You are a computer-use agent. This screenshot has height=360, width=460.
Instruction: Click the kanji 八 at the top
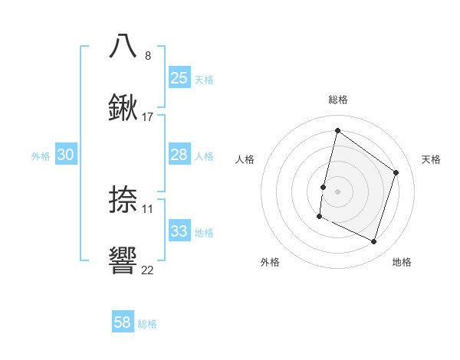click(123, 46)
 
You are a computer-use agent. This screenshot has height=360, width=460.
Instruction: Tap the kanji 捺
click(123, 199)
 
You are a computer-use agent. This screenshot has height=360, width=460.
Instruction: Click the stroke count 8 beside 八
click(148, 55)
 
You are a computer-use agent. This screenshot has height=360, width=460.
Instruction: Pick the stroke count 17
click(148, 117)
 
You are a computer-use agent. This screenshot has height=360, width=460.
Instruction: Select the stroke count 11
click(148, 208)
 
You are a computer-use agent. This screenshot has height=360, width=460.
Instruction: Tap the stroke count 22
click(148, 270)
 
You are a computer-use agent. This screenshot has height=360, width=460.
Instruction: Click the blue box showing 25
click(179, 78)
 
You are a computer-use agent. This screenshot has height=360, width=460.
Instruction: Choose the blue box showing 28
click(179, 155)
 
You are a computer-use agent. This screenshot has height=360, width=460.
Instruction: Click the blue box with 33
click(179, 231)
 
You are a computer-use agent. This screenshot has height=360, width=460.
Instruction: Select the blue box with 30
click(66, 155)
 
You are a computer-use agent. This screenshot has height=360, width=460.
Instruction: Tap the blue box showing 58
click(123, 322)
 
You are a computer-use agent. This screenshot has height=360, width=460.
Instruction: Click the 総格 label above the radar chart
click(338, 100)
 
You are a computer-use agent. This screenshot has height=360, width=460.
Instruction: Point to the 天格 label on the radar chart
click(431, 159)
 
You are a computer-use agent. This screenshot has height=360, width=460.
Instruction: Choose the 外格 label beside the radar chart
click(270, 262)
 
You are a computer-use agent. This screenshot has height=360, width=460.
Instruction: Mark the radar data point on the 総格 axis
click(337, 130)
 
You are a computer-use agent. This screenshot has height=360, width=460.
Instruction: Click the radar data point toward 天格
click(396, 172)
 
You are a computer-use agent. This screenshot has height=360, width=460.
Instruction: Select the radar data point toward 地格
click(373, 242)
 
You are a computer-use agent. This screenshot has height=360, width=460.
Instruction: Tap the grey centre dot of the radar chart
click(337, 191)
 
